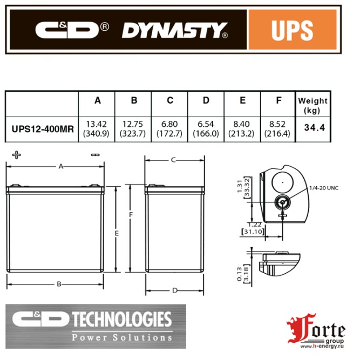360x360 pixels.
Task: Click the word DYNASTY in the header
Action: coord(173,31)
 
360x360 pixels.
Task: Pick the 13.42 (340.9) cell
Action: coord(97,128)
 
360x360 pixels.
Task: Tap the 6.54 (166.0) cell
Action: coord(206,128)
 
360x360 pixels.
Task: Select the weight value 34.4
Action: coord(313,128)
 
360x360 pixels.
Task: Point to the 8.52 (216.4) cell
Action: coord(279,128)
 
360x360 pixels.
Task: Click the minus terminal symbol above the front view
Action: coord(96,155)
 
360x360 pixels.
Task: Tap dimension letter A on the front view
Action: coord(61,167)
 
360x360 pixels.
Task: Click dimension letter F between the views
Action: coord(131,214)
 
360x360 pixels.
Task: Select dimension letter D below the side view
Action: coord(174,290)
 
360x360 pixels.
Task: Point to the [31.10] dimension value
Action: coord(250,231)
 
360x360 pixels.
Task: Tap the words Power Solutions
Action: coord(122,337)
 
